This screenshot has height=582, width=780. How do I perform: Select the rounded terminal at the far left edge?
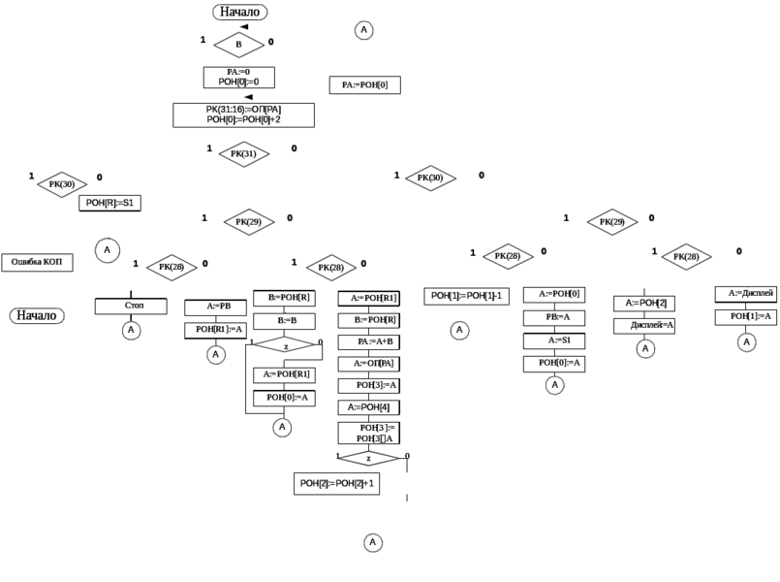pyautogui.click(x=37, y=314)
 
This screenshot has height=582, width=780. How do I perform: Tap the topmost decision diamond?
pyautogui.click(x=238, y=45)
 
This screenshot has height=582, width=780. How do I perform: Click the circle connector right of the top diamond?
pyautogui.click(x=362, y=31)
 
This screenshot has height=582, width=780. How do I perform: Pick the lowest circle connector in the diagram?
pyautogui.click(x=371, y=542)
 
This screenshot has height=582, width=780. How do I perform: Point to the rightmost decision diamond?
pyautogui.click(x=686, y=257)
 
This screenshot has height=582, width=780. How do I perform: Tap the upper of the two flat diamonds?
pyautogui.click(x=285, y=343)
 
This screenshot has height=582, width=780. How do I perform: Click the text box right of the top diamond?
pyautogui.click(x=366, y=86)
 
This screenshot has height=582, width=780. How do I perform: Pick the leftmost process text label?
pyautogui.click(x=38, y=262)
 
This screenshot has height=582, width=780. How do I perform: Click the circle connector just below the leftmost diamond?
pyautogui.click(x=105, y=249)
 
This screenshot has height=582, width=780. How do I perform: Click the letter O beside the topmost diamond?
pyautogui.click(x=270, y=42)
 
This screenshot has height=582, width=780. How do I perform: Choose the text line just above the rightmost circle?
pyautogui.click(x=750, y=316)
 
